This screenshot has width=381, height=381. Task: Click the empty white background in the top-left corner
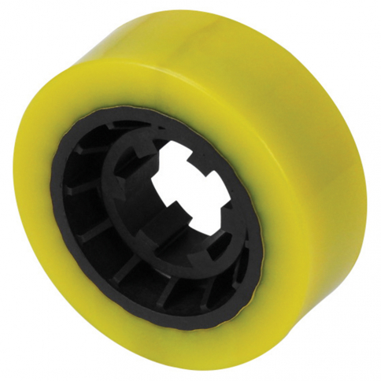pos(16,16)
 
